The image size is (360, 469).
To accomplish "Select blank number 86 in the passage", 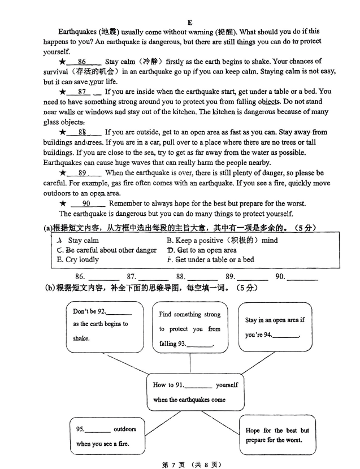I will pos(83,62).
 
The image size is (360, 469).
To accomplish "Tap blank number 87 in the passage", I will pos(83,92).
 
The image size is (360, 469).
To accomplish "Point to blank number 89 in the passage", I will pos(83,173).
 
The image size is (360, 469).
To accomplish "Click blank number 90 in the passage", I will pos(86,203).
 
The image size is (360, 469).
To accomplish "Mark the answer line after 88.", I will pos(202,278).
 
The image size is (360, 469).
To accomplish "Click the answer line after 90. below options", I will pos(303,278).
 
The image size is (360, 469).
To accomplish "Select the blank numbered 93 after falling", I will pos(199,345).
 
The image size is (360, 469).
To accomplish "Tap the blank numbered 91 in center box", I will pos(198,386).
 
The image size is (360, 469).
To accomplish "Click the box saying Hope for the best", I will pos(277,435).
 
